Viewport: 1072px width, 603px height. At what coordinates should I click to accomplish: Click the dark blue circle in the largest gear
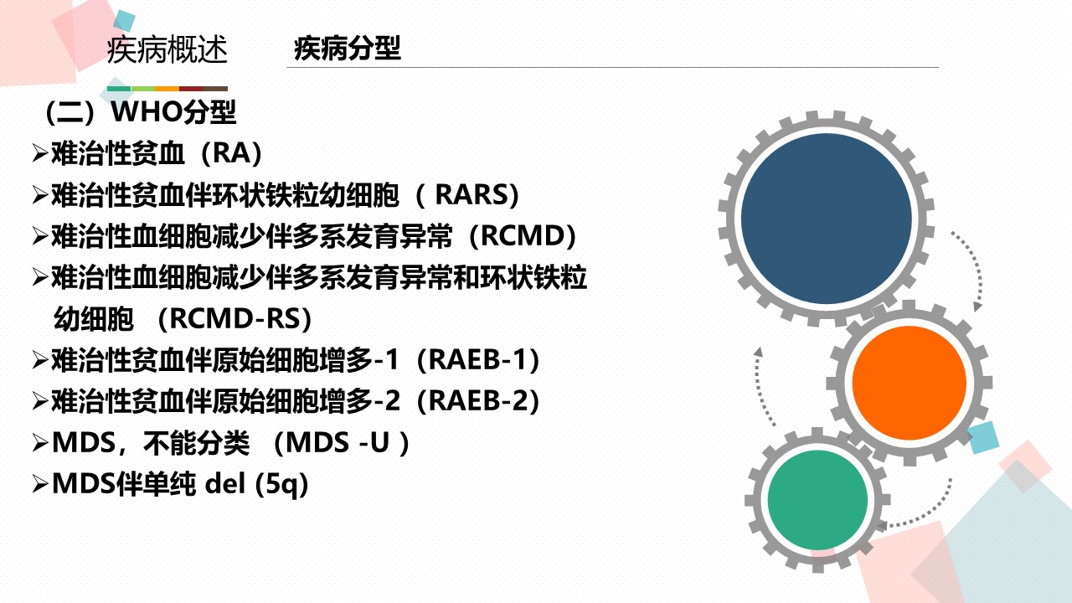pyautogui.click(x=827, y=219)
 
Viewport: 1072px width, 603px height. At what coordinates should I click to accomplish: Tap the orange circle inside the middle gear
pyautogui.click(x=910, y=383)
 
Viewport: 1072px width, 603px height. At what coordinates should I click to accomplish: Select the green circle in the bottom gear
pyautogui.click(x=818, y=500)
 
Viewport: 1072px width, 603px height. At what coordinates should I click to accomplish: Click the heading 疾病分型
pyautogui.click(x=348, y=49)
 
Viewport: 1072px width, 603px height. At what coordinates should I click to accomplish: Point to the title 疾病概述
pyautogui.click(x=167, y=49)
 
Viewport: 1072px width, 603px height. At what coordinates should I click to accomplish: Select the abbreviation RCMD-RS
pyautogui.click(x=234, y=318)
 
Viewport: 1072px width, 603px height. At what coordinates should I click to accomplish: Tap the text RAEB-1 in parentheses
pyautogui.click(x=478, y=360)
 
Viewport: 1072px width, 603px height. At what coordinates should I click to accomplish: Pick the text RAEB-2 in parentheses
pyautogui.click(x=478, y=401)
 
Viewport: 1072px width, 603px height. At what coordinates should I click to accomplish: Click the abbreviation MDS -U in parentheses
pyautogui.click(x=338, y=443)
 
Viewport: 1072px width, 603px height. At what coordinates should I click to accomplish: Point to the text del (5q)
pyautogui.click(x=256, y=484)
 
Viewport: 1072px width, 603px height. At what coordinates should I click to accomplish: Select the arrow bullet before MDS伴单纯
pyautogui.click(x=40, y=484)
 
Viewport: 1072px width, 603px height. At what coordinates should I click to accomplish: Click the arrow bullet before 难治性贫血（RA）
pyautogui.click(x=40, y=154)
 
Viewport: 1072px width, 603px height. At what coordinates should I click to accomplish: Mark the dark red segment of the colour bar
pyautogui.click(x=192, y=89)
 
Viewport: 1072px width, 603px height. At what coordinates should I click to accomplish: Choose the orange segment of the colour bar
pyautogui.click(x=167, y=89)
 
